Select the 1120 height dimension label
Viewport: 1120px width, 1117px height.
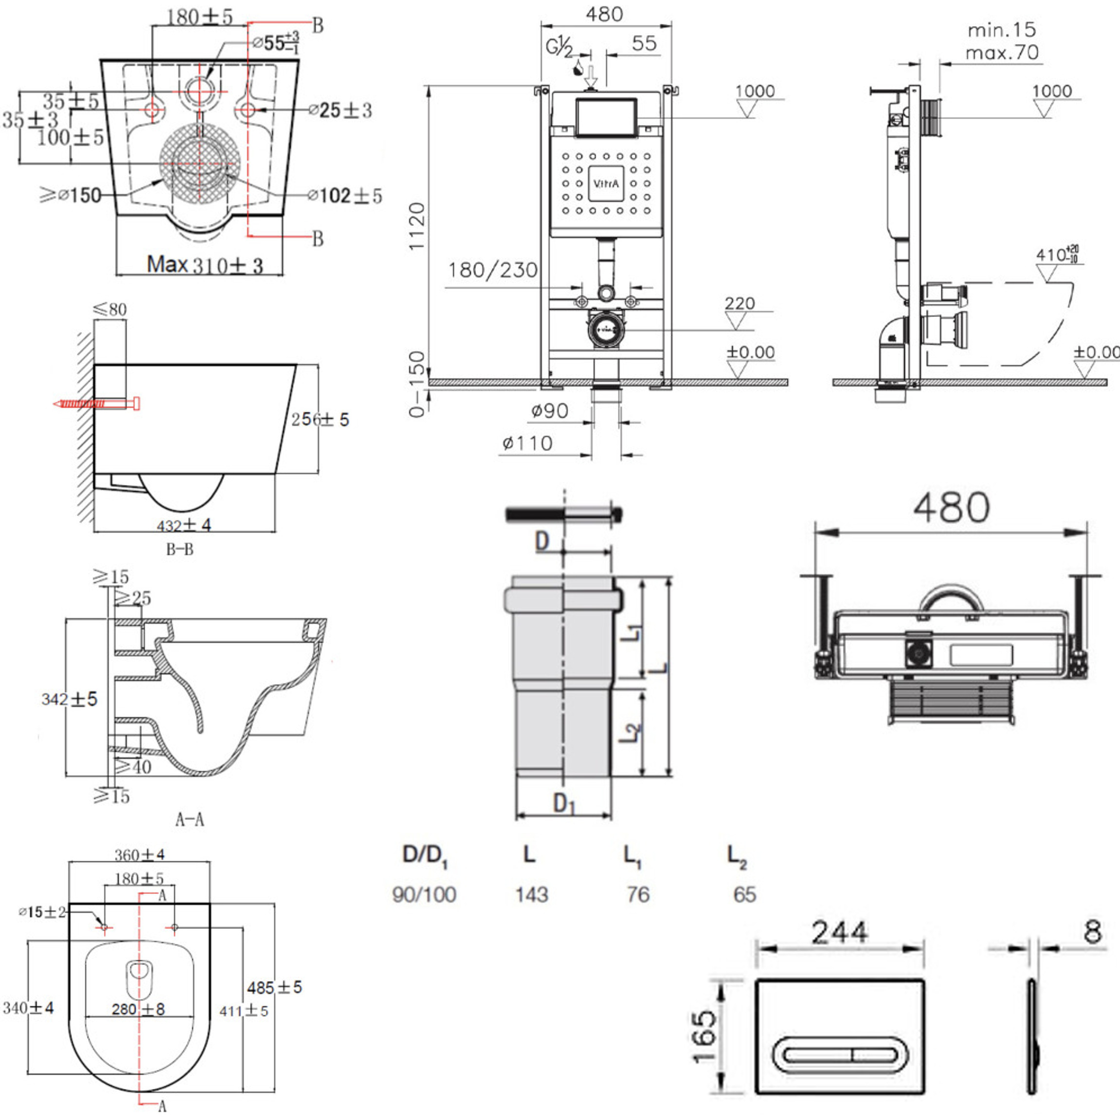417,226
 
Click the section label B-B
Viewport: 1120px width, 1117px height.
180,549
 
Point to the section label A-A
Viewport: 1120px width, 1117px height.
189,819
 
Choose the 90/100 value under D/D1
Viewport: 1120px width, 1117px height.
424,894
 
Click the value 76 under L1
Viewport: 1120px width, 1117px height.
638,894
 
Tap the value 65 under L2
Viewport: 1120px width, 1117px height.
745,894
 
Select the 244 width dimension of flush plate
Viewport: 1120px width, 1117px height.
839,932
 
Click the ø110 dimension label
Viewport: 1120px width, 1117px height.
527,444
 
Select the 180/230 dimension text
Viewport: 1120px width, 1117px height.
493,270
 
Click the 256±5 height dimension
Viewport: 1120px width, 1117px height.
320,419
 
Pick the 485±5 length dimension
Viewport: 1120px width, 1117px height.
274,987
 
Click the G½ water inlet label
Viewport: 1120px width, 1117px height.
559,48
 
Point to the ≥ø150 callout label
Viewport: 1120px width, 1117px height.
71,195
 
